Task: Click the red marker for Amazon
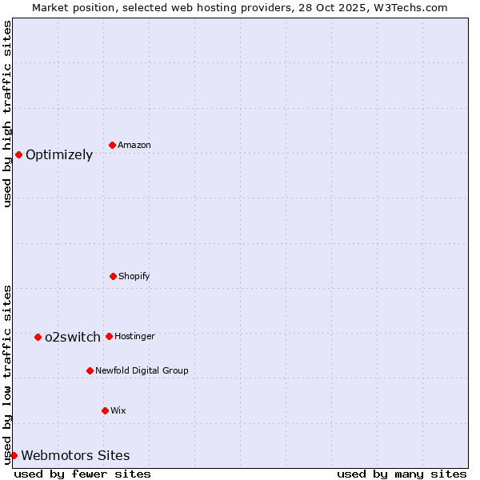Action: (x=113, y=145)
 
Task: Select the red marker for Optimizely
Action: (x=18, y=154)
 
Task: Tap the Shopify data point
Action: (x=113, y=276)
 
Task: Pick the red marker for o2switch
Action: (x=38, y=337)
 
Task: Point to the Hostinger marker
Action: (x=109, y=336)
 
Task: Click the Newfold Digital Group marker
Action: (x=90, y=370)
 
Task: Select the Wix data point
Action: (x=105, y=410)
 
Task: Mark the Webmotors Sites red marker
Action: (x=14, y=455)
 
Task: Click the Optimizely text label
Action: (x=59, y=155)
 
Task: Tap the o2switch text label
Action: (x=73, y=338)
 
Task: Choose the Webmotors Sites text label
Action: (x=75, y=456)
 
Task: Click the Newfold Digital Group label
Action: (x=142, y=370)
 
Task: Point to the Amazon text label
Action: (x=134, y=145)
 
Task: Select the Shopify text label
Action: (x=134, y=276)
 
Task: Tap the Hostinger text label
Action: (x=134, y=336)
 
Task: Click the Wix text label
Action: (x=118, y=410)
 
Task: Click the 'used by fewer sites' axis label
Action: (x=82, y=474)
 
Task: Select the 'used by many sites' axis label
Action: (x=402, y=474)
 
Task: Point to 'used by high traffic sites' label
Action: (x=7, y=114)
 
